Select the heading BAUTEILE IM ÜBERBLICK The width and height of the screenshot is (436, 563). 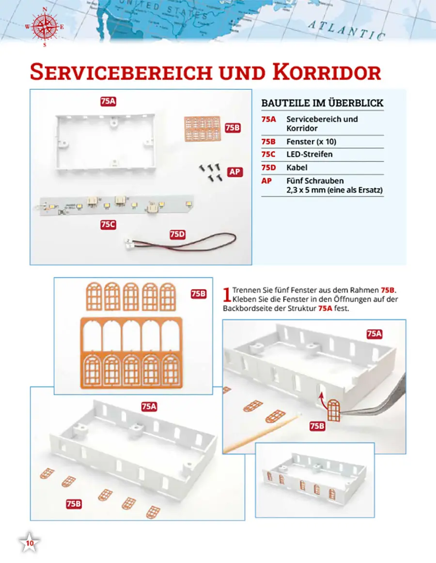(x=322, y=103)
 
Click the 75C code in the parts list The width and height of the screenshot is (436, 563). (x=268, y=155)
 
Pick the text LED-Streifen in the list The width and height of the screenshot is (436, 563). (x=309, y=155)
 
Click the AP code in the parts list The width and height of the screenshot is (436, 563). (x=266, y=181)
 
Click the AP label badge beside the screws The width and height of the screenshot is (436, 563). (x=234, y=172)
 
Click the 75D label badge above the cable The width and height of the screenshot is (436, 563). (x=178, y=235)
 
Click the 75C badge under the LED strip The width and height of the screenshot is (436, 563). (x=108, y=225)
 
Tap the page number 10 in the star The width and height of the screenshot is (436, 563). (x=30, y=543)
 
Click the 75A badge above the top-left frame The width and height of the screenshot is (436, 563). (x=108, y=101)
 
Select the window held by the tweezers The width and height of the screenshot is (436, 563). (x=333, y=410)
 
